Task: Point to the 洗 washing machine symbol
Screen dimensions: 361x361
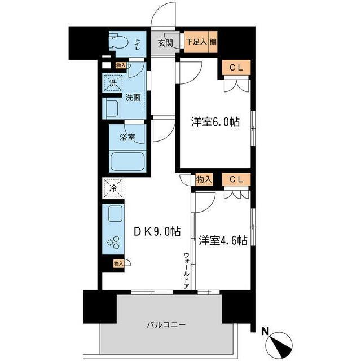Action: coord(112,83)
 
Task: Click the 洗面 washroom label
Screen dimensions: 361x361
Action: coord(133,96)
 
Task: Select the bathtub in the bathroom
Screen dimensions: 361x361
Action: coord(128,161)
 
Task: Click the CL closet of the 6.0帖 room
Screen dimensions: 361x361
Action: coord(235,67)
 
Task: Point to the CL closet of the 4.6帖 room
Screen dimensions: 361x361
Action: coord(235,179)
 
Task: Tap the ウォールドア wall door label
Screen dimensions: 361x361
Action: coord(186,271)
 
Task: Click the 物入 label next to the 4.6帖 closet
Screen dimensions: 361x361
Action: coord(204,179)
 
